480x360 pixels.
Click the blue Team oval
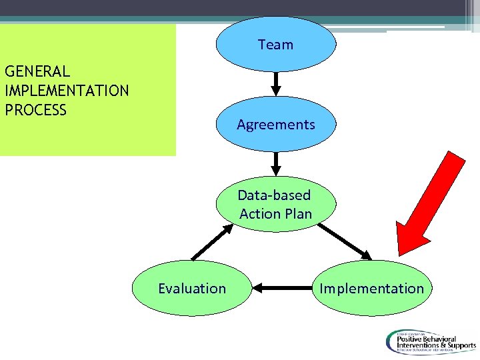275,44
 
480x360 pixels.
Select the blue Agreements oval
275,124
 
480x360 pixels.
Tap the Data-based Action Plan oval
275,204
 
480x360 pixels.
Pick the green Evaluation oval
192,288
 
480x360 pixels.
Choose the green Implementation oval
371,288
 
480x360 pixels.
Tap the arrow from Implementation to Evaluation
282,288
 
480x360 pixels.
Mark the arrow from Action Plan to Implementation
345,241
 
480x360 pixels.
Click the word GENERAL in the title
37,71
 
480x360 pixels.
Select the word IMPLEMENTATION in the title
67,90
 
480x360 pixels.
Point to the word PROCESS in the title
35,109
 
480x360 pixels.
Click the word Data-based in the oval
274,195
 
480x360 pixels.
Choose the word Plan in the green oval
298,214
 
